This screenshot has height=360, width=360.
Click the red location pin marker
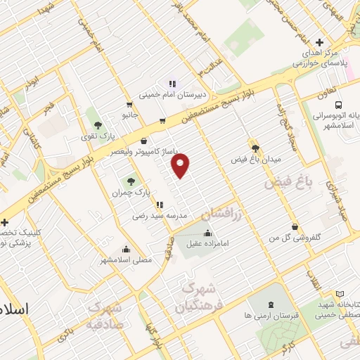[181, 166]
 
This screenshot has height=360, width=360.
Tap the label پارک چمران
[131, 191]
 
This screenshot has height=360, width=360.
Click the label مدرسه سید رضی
[156, 217]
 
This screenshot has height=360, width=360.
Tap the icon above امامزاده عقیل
[207, 233]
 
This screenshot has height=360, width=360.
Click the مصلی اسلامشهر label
[126, 259]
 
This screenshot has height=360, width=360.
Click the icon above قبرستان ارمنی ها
[271, 304]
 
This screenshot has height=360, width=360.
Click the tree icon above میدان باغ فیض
[255, 148]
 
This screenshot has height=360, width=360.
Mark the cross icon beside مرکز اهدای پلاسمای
[320, 42]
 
